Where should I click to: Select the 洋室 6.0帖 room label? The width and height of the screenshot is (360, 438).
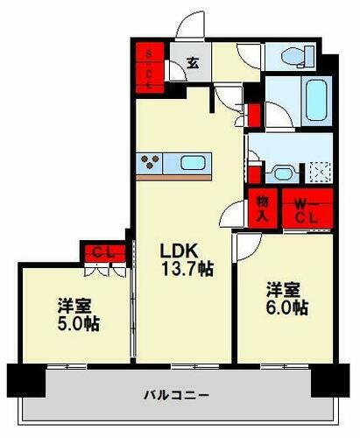(x=286, y=298)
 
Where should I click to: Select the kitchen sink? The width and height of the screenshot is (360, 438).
(x=191, y=163)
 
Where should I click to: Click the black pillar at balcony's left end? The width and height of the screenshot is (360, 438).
(x=23, y=379)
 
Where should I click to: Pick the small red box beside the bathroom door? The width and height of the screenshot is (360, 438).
(x=255, y=115)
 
